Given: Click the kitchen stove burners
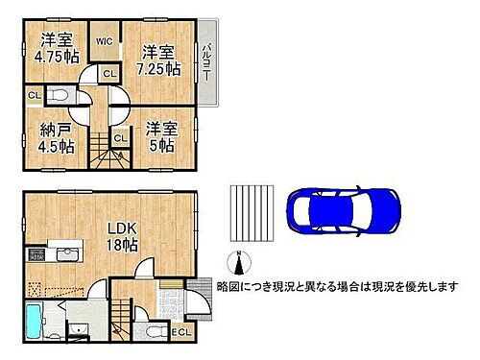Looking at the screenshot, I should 36,254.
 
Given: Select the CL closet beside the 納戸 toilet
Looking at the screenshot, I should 34,95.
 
